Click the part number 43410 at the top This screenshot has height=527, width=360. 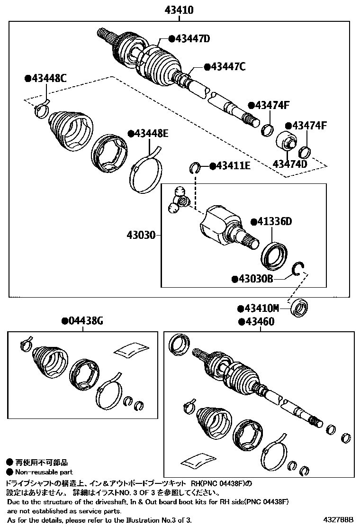point(179,9)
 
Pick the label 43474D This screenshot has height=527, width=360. point(290,164)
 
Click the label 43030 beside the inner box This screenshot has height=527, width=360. point(141,235)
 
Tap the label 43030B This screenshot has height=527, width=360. point(252,279)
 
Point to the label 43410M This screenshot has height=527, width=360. point(261,309)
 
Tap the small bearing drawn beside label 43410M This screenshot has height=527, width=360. point(299,308)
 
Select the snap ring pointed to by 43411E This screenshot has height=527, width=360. point(195,166)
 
